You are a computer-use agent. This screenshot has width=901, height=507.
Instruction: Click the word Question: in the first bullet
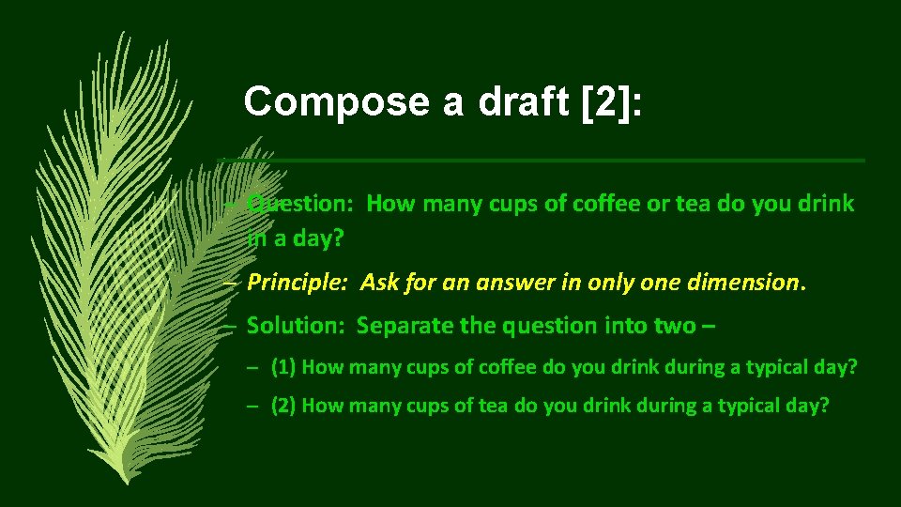pyautogui.click(x=300, y=204)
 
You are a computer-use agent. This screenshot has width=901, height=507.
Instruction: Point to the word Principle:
pyautogui.click(x=299, y=282)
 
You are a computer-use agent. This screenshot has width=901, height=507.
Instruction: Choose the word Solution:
pyautogui.click(x=297, y=326)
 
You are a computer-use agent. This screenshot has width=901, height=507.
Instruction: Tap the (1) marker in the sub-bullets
pyautogui.click(x=283, y=367)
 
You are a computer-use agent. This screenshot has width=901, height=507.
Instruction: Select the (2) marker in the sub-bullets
pyautogui.click(x=283, y=406)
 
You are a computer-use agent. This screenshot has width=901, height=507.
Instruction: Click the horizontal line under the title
pyautogui.click(x=563, y=161)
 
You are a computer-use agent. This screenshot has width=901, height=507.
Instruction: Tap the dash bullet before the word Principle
pyautogui.click(x=231, y=282)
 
